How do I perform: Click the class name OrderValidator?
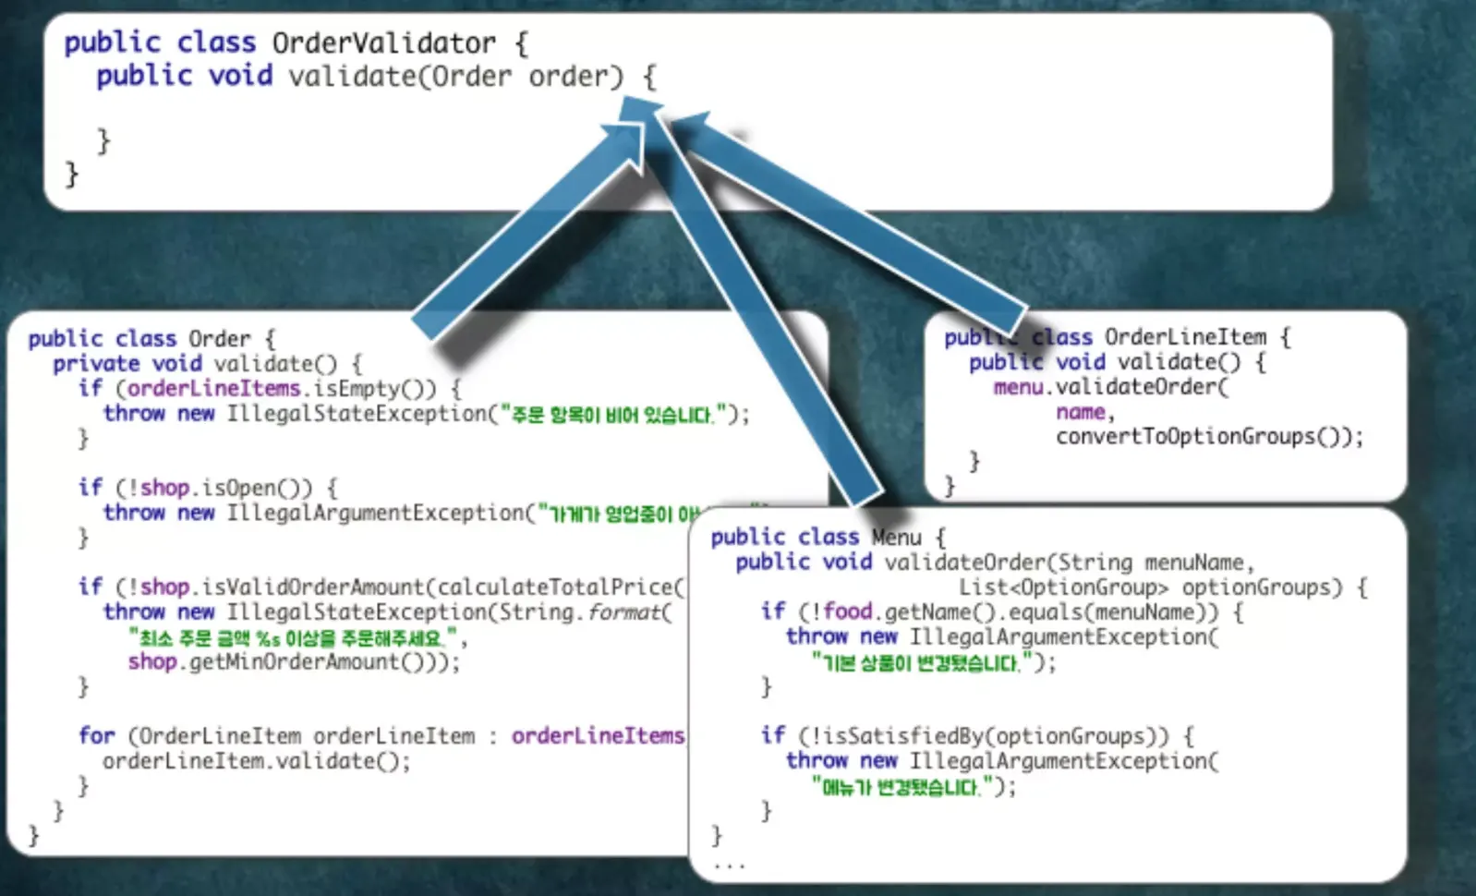click(x=383, y=43)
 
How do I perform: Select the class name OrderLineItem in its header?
click(x=1185, y=337)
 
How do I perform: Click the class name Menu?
click(x=896, y=538)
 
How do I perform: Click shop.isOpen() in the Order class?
click(x=226, y=488)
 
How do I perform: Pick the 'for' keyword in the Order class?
click(x=97, y=736)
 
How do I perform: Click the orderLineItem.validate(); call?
click(x=256, y=761)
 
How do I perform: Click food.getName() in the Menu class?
click(x=909, y=612)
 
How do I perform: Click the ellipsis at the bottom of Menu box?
click(x=729, y=866)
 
